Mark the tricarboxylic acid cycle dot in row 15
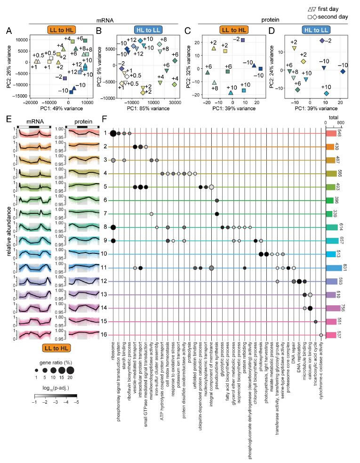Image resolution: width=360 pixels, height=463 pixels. point(315,322)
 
